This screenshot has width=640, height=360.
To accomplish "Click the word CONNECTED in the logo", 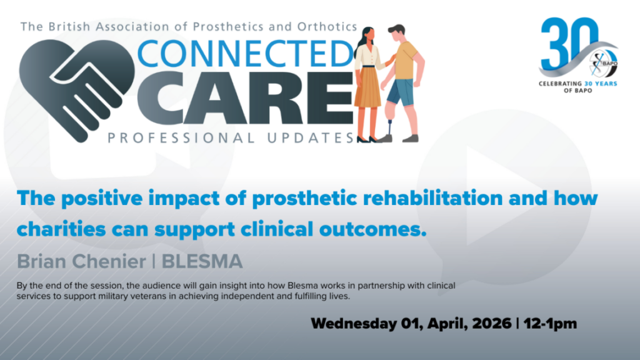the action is [x=245, y=54].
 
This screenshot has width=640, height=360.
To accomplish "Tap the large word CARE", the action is [x=245, y=98].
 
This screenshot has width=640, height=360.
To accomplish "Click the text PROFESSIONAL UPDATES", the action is [x=231, y=138].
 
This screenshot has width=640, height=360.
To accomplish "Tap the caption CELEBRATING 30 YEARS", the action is [x=577, y=84].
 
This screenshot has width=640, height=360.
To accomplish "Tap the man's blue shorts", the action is [x=401, y=92].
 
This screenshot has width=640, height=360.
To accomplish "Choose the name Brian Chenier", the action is [x=81, y=262].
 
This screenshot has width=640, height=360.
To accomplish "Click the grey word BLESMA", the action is [x=202, y=262].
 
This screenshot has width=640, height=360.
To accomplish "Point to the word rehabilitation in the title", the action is [x=432, y=198].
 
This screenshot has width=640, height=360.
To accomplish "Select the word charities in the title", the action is [x=61, y=229].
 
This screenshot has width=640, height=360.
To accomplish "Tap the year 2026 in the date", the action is [x=492, y=324].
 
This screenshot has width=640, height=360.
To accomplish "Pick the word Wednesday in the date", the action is [x=354, y=324].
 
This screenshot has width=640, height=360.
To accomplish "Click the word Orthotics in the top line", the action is [x=327, y=27].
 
